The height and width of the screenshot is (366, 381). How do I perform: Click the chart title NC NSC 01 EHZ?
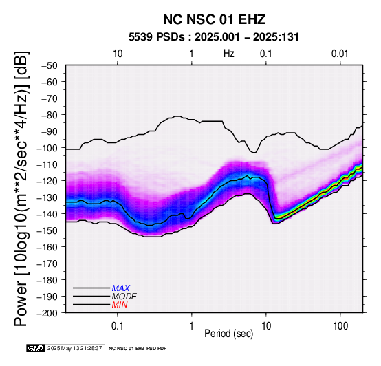point(214,19)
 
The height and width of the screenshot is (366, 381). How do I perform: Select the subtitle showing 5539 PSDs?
point(214,37)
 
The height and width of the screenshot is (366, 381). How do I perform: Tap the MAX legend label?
point(121,288)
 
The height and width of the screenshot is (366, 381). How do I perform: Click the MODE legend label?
point(124,297)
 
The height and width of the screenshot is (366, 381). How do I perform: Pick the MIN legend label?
point(120,305)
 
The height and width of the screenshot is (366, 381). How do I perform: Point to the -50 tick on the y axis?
point(50,65)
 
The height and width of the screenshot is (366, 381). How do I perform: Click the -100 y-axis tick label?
point(47,148)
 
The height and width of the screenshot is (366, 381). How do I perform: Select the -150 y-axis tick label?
point(47,230)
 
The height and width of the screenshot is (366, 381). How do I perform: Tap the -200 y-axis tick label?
point(47,313)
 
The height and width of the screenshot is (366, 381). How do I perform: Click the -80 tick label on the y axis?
point(50,114)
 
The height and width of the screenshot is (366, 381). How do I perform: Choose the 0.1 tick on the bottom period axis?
point(118,326)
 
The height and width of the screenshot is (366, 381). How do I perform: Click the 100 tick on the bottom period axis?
point(340,326)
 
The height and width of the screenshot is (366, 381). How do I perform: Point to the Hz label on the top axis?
point(228,54)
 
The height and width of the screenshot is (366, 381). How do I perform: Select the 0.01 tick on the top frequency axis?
point(340,54)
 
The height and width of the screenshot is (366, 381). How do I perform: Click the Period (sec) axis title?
point(228,334)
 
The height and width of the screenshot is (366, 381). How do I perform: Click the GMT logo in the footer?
point(36,348)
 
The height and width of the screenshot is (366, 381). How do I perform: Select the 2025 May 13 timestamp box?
point(75,348)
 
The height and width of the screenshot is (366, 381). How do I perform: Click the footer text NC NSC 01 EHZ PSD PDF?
point(138,349)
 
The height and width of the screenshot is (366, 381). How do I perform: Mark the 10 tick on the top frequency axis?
point(118,54)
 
